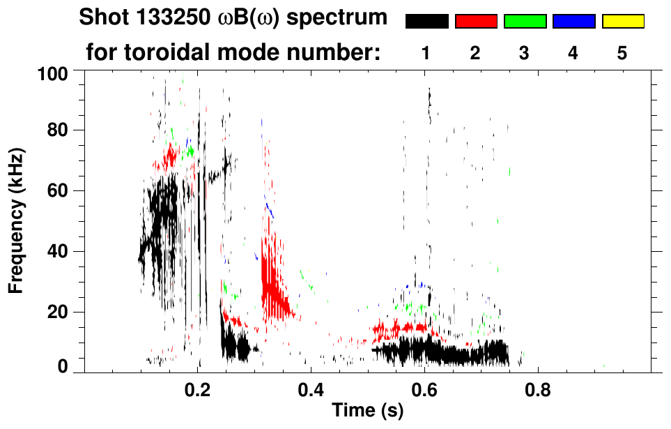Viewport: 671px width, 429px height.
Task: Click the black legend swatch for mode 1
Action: (426, 22)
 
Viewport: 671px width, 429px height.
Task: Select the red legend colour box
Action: (476, 22)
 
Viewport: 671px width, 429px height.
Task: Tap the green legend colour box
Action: (525, 22)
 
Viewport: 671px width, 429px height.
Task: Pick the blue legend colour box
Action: (573, 22)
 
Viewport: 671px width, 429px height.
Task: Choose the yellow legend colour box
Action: (622, 22)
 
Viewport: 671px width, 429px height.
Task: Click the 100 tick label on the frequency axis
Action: (54, 73)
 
